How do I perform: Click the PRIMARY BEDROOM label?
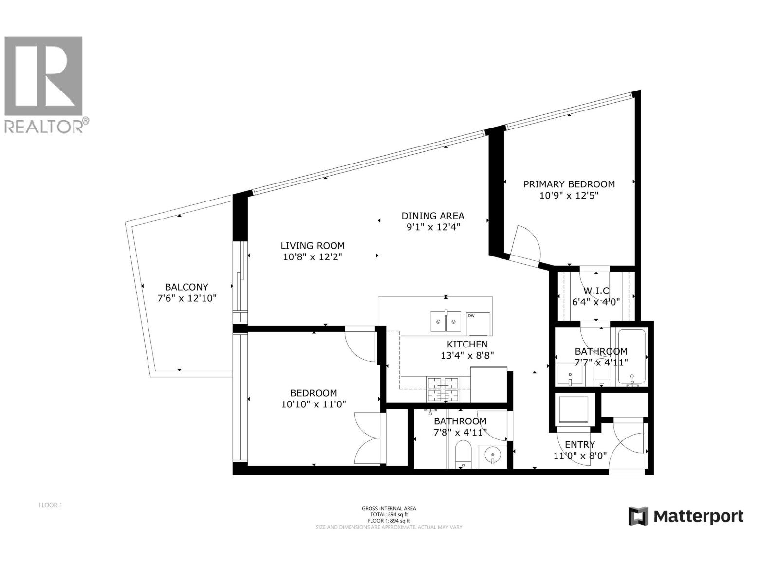[569, 184]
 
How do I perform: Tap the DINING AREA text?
[432, 216]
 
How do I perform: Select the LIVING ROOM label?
[313, 246]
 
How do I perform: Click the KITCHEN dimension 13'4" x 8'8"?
[467, 356]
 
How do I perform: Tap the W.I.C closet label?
[596, 291]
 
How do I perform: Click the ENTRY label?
[579, 444]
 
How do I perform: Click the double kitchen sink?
[445, 322]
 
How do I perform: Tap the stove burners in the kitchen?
[443, 389]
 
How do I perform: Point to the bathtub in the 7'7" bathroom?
[632, 358]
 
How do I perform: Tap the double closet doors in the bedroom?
[368, 438]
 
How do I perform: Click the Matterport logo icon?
[638, 516]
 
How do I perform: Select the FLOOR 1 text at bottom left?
[51, 505]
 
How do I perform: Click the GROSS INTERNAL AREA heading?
[389, 508]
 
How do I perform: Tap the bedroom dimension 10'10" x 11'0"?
[313, 404]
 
